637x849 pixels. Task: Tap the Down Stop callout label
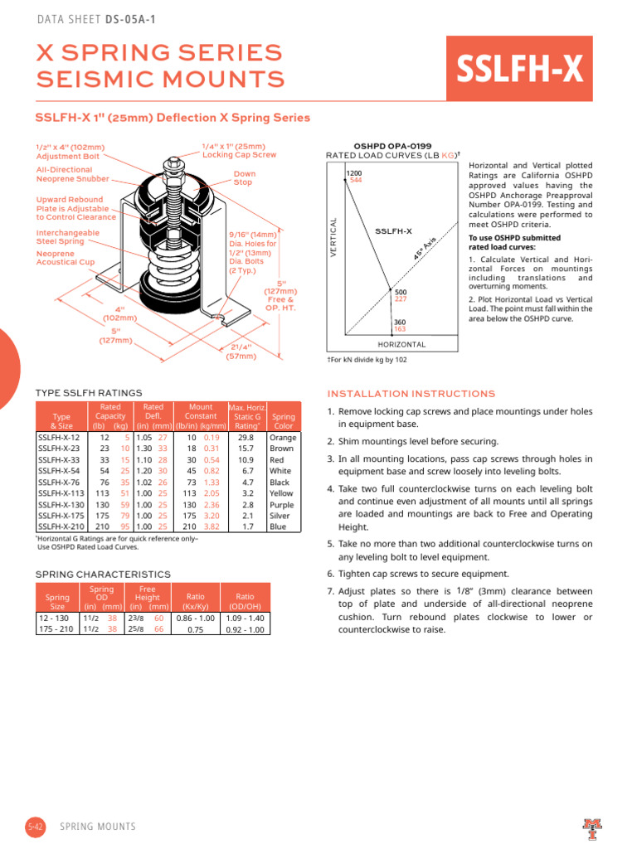243,178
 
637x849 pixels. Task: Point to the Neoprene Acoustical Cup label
66,258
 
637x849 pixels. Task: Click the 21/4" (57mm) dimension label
241,352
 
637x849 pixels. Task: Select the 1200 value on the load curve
353,172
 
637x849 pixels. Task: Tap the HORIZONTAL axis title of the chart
401,344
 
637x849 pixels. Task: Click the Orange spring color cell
283,437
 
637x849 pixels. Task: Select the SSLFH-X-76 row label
59,482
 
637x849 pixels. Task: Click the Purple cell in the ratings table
283,505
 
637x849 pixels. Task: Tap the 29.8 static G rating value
246,437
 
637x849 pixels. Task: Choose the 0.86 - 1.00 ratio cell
195,618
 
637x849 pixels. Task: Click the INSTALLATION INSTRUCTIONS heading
411,394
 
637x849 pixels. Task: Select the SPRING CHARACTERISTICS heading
103,574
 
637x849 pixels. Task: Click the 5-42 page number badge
35,827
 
